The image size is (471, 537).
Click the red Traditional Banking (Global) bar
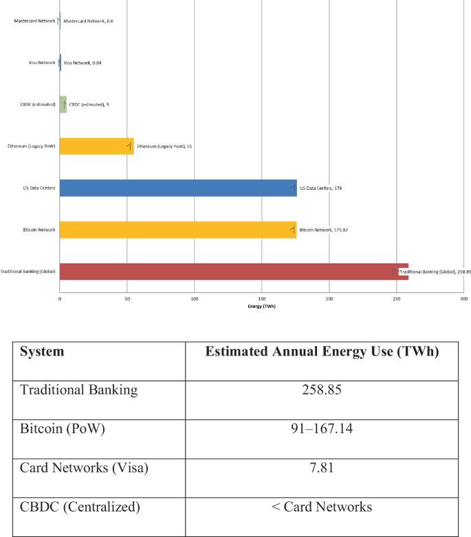coord(234,272)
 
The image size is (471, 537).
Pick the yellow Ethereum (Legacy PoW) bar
coord(96,146)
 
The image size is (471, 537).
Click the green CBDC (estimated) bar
coord(63,104)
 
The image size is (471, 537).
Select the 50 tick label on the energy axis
coord(127,299)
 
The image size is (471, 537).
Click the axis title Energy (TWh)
coord(261,306)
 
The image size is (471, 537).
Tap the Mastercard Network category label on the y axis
coord(34,21)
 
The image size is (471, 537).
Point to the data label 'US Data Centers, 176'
coord(320,188)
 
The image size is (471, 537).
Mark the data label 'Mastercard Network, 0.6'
coord(88,21)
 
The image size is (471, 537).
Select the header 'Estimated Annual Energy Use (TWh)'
coord(322,352)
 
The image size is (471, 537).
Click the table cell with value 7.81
coord(322,468)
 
